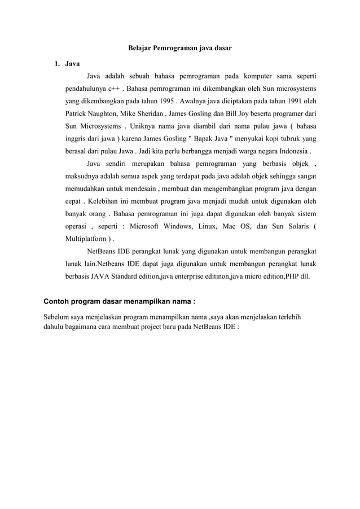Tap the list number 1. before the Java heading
[57, 63]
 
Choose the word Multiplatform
[85, 239]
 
